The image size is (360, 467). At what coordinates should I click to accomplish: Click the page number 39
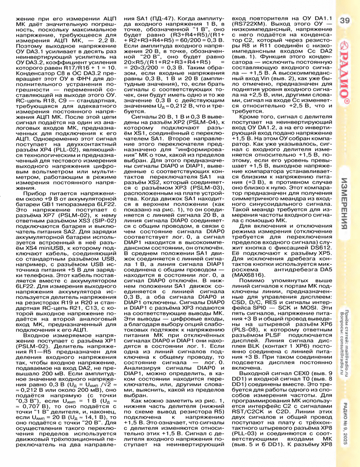344,20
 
